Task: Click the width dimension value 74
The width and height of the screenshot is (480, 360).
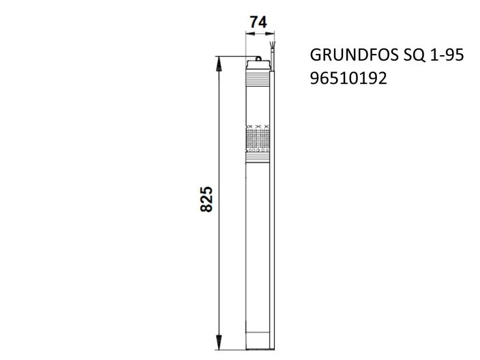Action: coord(258,22)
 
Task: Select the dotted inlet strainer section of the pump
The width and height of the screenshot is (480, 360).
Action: coord(258,141)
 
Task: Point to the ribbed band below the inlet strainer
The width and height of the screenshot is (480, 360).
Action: coord(258,157)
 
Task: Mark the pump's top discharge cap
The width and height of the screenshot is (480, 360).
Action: coord(258,67)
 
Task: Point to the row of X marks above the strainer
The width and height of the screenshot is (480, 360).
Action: coord(258,127)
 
